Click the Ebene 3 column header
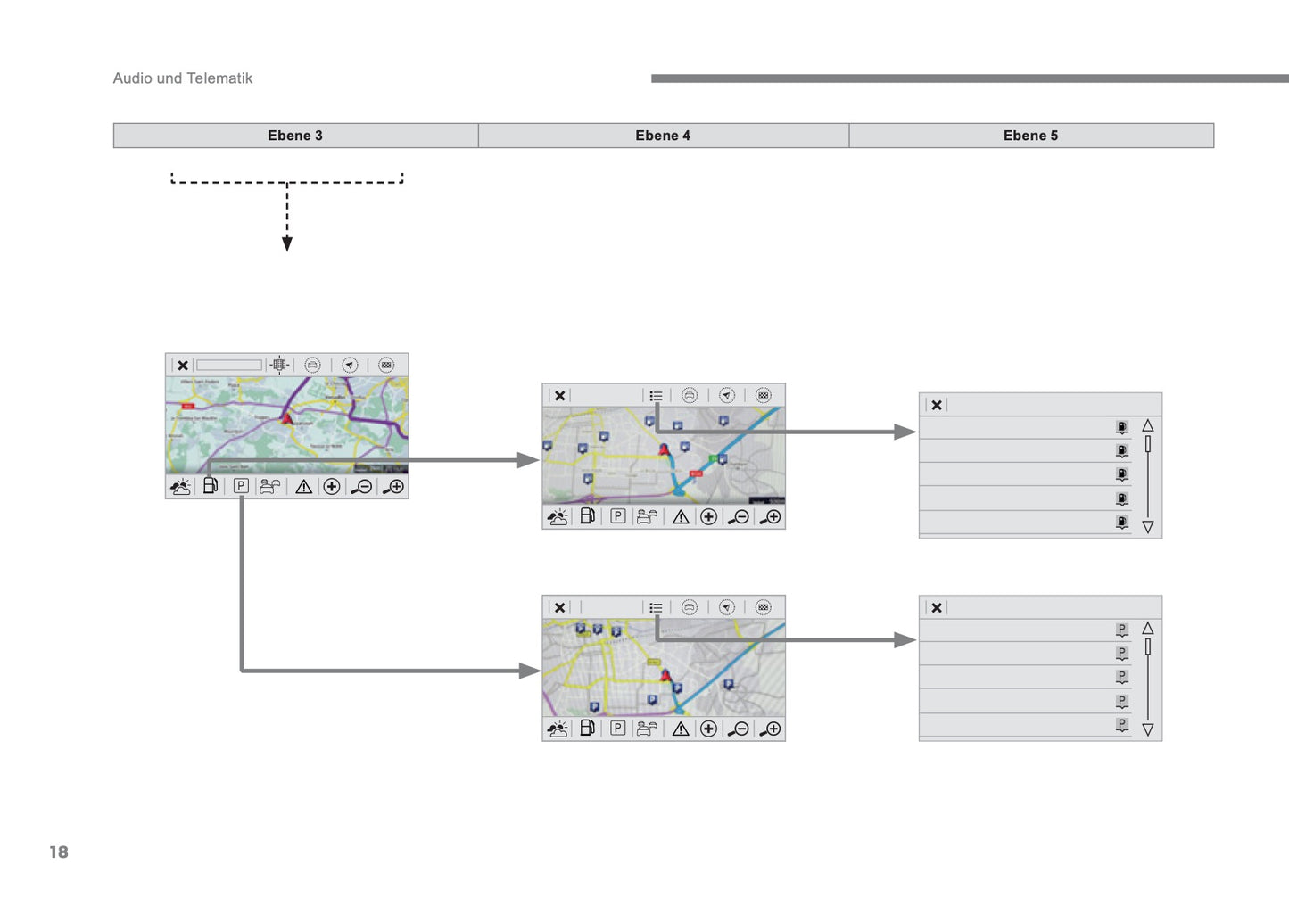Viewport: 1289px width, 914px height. point(295,136)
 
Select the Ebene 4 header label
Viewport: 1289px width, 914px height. point(663,136)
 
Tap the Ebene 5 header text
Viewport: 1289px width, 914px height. point(1030,136)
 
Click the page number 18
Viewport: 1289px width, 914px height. point(59,852)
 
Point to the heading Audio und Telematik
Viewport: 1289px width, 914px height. point(183,78)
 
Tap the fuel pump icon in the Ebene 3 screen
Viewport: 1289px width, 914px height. point(211,486)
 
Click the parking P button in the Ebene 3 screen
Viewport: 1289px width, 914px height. point(241,486)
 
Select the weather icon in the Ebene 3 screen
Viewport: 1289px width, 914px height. point(180,487)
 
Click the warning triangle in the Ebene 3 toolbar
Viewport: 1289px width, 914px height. point(304,487)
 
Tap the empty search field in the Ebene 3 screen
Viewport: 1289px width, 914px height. point(229,366)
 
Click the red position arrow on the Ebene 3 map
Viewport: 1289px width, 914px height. point(287,417)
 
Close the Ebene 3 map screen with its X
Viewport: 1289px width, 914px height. point(183,366)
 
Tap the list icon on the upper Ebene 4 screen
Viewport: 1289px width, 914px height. point(656,396)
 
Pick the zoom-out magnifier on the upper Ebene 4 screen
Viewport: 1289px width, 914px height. point(739,517)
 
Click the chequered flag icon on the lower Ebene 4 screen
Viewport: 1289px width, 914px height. point(763,607)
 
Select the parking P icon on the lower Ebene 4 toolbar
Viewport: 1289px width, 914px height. point(617,729)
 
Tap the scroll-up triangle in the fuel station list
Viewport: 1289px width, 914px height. point(1148,426)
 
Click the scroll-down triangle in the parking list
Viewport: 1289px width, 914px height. point(1148,729)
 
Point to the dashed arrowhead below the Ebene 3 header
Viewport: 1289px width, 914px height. point(287,244)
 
